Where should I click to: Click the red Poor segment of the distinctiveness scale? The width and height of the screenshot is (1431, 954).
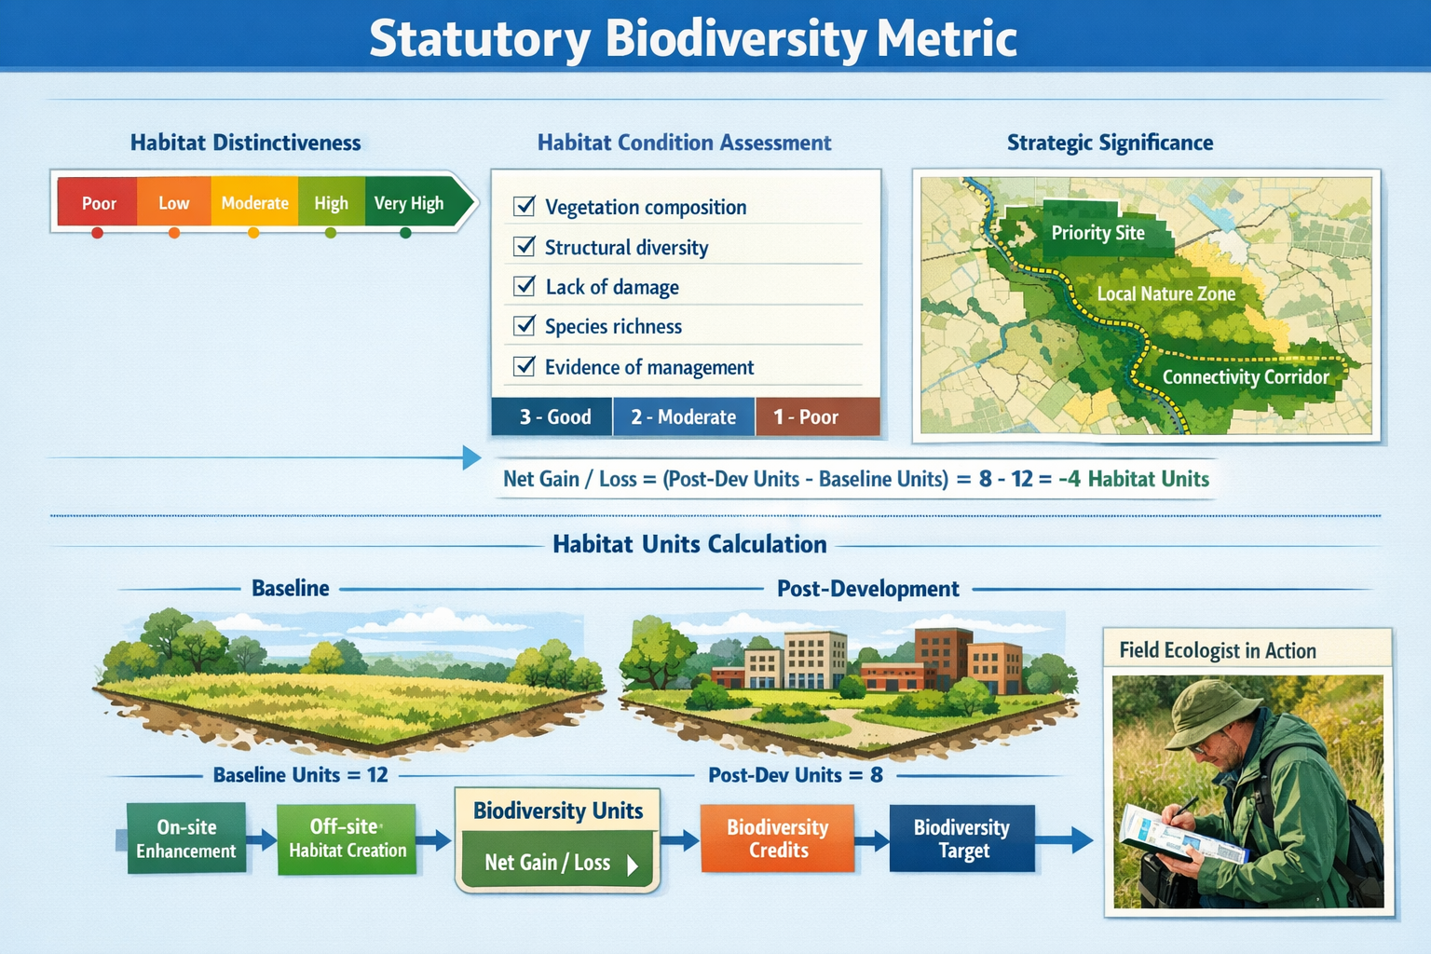point(98,203)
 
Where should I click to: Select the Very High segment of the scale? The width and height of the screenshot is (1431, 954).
point(409,203)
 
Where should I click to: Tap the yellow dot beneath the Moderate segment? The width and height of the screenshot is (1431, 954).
point(253,233)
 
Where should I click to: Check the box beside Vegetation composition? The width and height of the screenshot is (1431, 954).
point(525,206)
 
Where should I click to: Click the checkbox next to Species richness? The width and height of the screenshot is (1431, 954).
point(525,325)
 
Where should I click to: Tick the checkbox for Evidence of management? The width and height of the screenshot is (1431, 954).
point(525,366)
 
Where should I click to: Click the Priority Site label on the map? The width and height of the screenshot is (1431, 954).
point(1097,233)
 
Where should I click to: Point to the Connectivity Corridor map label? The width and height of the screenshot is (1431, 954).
point(1245,377)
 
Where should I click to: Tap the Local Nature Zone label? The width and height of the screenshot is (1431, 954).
point(1165,294)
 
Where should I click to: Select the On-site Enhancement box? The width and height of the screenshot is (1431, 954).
point(186,838)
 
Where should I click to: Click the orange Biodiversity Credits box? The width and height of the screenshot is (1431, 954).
point(777,838)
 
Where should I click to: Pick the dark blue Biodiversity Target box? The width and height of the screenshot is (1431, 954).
point(961,838)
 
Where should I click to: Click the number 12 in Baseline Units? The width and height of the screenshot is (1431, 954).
point(376,775)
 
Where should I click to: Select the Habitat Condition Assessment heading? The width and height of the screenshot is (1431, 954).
point(684,143)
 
